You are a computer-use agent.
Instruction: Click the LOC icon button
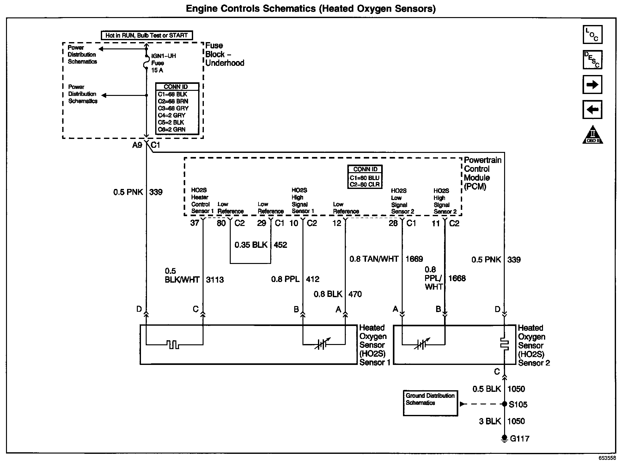(x=592, y=34)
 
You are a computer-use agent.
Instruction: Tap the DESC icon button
(x=592, y=59)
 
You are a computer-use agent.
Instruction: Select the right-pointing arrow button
(x=592, y=85)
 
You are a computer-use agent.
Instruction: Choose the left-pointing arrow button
(x=592, y=110)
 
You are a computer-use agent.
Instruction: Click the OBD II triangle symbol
(x=593, y=135)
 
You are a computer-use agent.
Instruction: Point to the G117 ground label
(x=520, y=439)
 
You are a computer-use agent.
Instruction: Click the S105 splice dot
(x=504, y=404)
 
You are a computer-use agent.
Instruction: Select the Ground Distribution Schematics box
(x=430, y=403)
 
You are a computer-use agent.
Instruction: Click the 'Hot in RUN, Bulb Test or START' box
(x=147, y=35)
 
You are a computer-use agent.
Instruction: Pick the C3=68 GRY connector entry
(x=173, y=108)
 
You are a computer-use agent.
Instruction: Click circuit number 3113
(x=215, y=280)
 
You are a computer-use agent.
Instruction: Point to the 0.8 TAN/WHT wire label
(x=374, y=259)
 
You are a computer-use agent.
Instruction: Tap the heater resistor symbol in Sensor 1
(x=173, y=344)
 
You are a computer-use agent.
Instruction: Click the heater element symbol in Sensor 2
(x=504, y=344)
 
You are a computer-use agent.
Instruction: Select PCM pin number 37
(x=195, y=223)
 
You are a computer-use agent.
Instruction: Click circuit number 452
(x=280, y=245)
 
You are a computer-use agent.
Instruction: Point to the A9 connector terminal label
(x=137, y=145)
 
